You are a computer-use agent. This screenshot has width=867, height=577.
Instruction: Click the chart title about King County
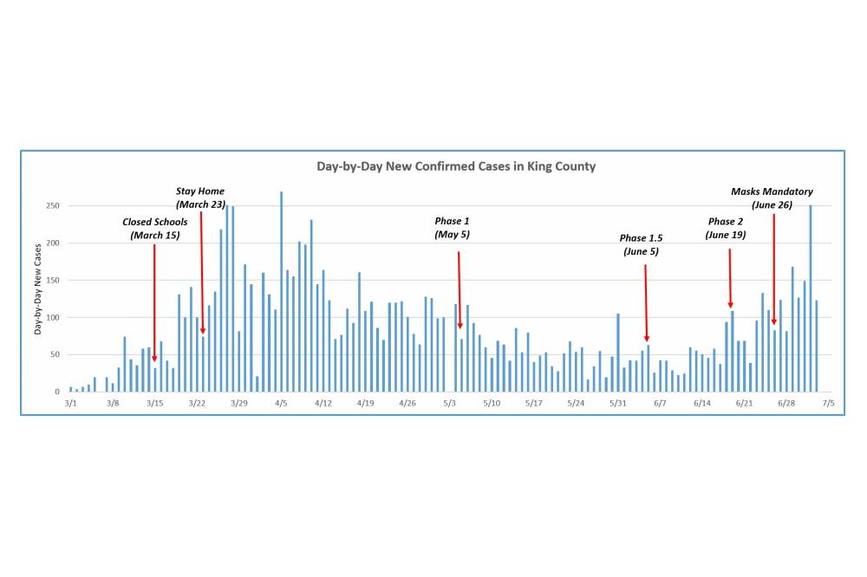click(x=456, y=166)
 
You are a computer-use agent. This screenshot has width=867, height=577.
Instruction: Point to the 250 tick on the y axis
click(x=51, y=206)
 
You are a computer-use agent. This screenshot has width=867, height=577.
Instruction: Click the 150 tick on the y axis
click(x=51, y=281)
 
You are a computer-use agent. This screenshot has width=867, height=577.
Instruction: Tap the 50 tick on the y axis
click(x=53, y=355)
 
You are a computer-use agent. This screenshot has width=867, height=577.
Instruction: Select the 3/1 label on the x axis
click(x=70, y=403)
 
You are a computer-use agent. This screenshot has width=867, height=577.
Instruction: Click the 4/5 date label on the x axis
click(x=281, y=403)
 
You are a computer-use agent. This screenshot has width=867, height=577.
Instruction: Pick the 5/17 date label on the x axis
click(x=534, y=403)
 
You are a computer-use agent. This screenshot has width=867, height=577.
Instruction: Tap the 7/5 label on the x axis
click(x=829, y=403)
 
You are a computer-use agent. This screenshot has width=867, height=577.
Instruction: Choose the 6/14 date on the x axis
click(x=702, y=403)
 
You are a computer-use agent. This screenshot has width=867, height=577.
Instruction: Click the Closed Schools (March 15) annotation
click(x=154, y=229)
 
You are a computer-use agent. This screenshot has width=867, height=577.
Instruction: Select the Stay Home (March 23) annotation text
click(x=200, y=198)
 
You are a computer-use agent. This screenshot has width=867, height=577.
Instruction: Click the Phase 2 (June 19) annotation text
click(x=726, y=228)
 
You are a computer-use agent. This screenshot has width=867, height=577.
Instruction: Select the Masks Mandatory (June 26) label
click(x=772, y=198)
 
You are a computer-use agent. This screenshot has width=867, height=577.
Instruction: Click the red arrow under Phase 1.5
click(x=646, y=303)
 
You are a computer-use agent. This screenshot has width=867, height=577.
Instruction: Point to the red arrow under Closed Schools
click(x=154, y=303)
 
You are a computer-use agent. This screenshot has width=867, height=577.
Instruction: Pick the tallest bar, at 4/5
click(x=281, y=291)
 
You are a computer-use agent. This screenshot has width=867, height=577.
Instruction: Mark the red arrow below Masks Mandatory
click(x=773, y=269)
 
